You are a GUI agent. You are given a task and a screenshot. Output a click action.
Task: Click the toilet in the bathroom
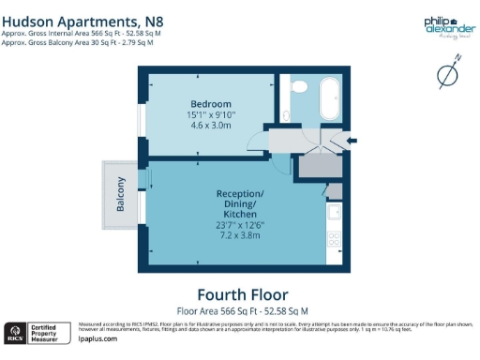[x=299, y=87]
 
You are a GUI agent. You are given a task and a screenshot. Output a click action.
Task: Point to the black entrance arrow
[x=351, y=142]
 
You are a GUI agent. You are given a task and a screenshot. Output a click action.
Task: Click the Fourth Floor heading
[x=242, y=292]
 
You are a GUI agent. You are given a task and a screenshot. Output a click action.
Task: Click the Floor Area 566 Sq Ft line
[x=242, y=309]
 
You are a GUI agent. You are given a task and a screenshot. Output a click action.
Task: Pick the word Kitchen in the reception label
[x=240, y=214]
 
